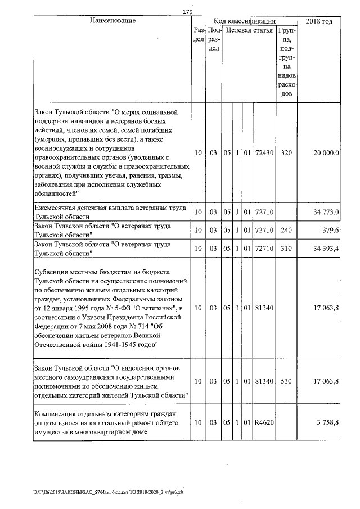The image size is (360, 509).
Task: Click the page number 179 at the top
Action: point(188,12)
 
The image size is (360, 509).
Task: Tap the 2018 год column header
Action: point(318,21)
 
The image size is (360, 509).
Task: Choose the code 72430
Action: point(264,152)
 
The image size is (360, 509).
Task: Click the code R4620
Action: point(264,422)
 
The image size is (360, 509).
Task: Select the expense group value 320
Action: point(286,152)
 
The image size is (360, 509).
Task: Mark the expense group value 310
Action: point(286,248)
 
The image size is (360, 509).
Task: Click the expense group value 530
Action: point(286,381)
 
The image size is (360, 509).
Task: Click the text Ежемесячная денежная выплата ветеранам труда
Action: point(110,208)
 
